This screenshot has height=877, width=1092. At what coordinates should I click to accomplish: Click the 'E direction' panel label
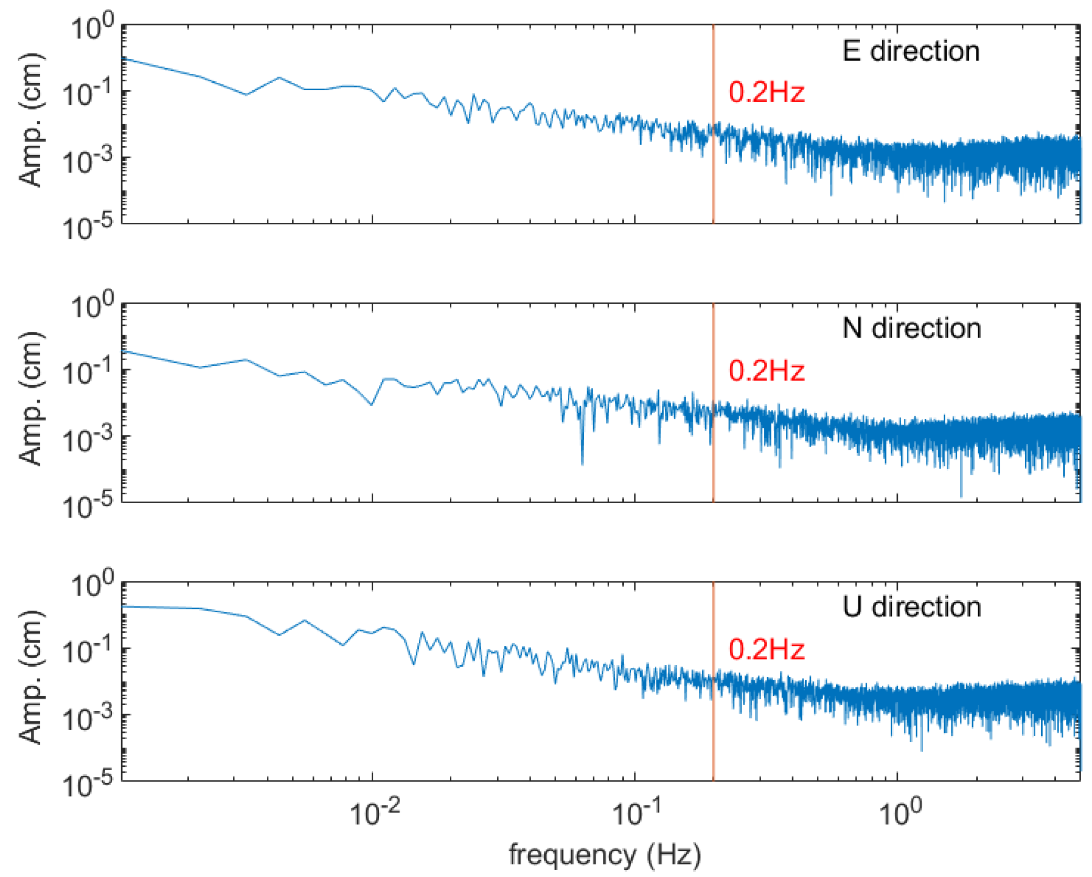click(x=911, y=51)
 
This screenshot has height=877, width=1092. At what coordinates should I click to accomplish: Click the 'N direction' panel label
click(x=911, y=329)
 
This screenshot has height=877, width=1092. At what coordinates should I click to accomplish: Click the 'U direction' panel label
click(x=911, y=607)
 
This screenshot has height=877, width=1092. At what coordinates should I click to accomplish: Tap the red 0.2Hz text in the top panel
click(x=766, y=92)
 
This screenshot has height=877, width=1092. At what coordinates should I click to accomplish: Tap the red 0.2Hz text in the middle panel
click(x=766, y=371)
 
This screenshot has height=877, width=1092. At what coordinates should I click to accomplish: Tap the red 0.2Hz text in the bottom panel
click(x=766, y=649)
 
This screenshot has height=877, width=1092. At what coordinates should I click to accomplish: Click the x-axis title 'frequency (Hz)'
click(x=604, y=854)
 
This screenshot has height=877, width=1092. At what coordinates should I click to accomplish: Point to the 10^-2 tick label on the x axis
click(x=374, y=813)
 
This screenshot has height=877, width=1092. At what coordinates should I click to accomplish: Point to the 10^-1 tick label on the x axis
click(x=636, y=813)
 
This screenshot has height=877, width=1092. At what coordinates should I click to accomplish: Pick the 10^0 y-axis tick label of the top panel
click(x=92, y=27)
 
